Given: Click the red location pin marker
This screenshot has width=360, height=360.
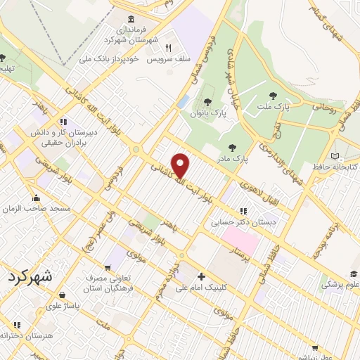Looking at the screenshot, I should [x=181, y=165].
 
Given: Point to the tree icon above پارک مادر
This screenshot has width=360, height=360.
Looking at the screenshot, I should [x=232, y=147].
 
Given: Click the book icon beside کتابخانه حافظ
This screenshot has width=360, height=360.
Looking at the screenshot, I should [x=335, y=155].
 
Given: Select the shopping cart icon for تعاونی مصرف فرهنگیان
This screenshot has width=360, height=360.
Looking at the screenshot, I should [x=107, y=267].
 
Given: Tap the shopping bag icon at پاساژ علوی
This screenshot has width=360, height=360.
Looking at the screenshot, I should [x=63, y=296].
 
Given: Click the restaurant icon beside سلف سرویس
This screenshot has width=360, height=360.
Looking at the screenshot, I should [x=169, y=48].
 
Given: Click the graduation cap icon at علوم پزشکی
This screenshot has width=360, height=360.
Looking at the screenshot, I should [x=352, y=275].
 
